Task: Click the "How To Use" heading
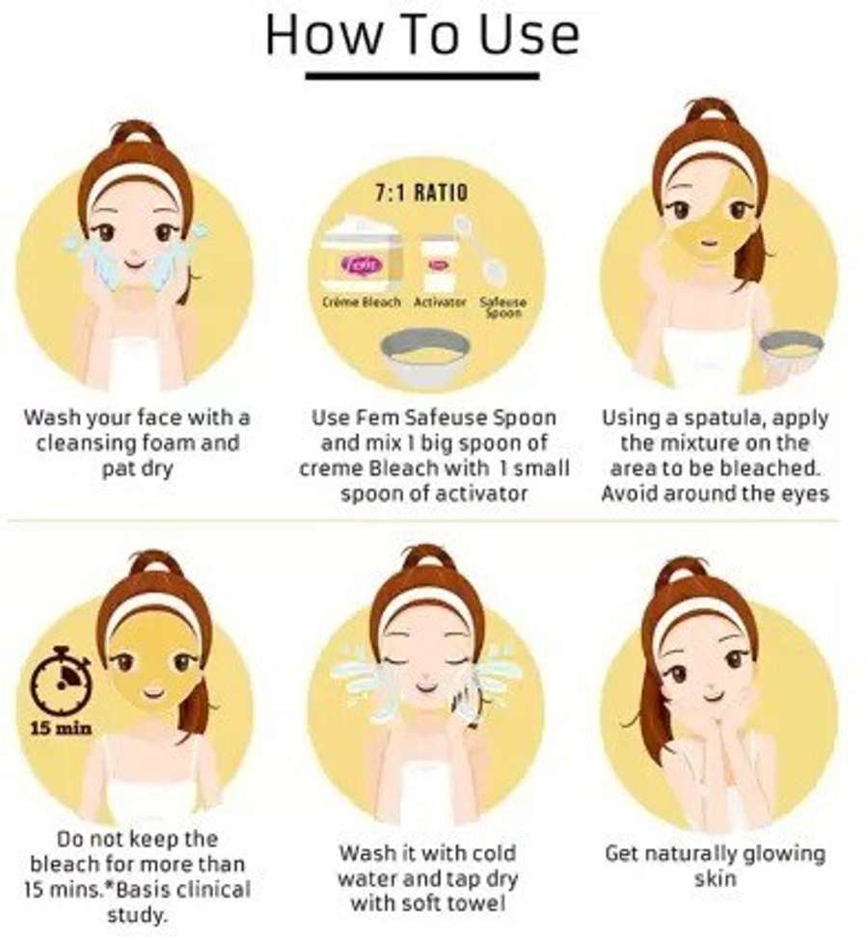coord(422,34)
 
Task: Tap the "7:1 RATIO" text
coord(421,193)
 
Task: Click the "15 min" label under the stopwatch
coord(62,728)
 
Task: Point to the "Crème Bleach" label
coord(361,301)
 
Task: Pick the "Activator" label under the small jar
coord(440,302)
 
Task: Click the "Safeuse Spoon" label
coord(503,307)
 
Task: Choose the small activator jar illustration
coord(440,263)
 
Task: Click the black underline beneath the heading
coord(422,76)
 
